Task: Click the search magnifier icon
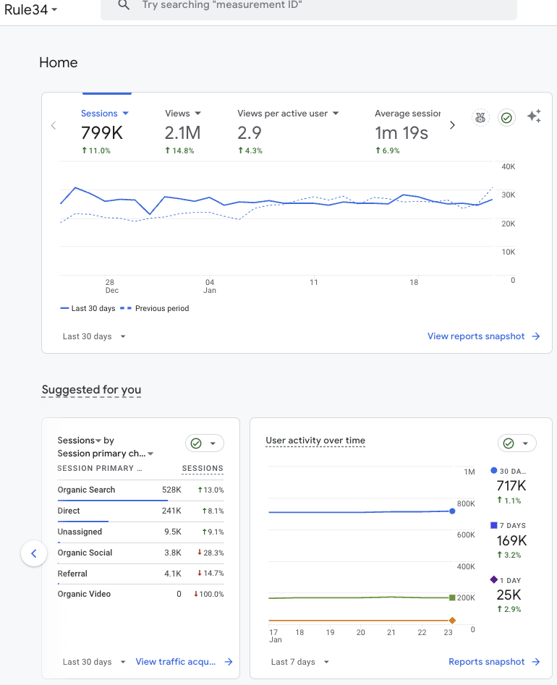tap(124, 5)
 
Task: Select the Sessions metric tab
tap(105, 114)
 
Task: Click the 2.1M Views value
tap(182, 133)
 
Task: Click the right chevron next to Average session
tap(453, 125)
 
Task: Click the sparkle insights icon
tap(534, 117)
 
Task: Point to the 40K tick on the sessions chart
tap(508, 166)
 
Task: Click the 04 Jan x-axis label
tap(210, 286)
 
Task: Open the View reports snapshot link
tap(483, 336)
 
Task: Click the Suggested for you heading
tap(91, 390)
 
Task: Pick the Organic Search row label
tap(86, 490)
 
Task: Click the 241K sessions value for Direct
tap(171, 511)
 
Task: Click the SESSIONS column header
tap(203, 469)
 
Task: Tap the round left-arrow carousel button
tap(33, 554)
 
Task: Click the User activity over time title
tap(315, 441)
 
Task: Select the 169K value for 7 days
tap(511, 540)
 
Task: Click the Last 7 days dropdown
tap(299, 662)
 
